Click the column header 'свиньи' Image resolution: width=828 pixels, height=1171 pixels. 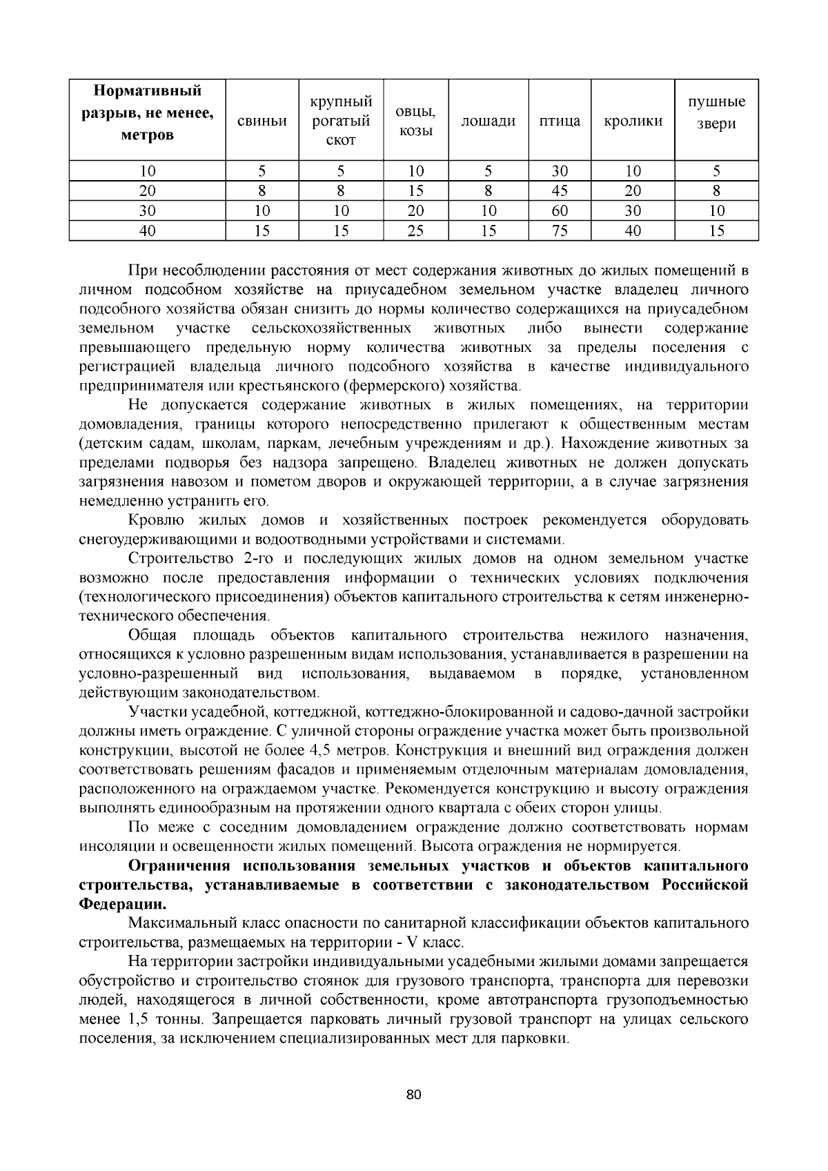(x=262, y=121)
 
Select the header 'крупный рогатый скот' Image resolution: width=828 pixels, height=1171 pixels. (x=340, y=121)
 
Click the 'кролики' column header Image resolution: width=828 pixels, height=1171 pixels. (x=633, y=121)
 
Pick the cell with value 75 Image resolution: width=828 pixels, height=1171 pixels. (x=560, y=231)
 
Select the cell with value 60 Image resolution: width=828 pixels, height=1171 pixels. (x=560, y=211)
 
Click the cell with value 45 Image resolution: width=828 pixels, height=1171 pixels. (x=560, y=191)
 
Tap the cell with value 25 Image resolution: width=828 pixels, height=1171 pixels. (x=415, y=231)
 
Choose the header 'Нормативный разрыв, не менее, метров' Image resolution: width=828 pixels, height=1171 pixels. (x=148, y=113)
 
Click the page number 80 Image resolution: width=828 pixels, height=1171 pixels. (x=414, y=1095)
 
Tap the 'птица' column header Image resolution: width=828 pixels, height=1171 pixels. (x=560, y=121)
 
